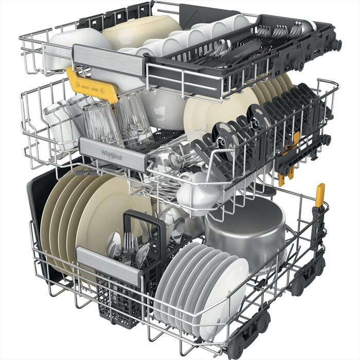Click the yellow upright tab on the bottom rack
[320, 195]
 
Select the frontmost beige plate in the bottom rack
[111, 216]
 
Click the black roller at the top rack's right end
[336, 45]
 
